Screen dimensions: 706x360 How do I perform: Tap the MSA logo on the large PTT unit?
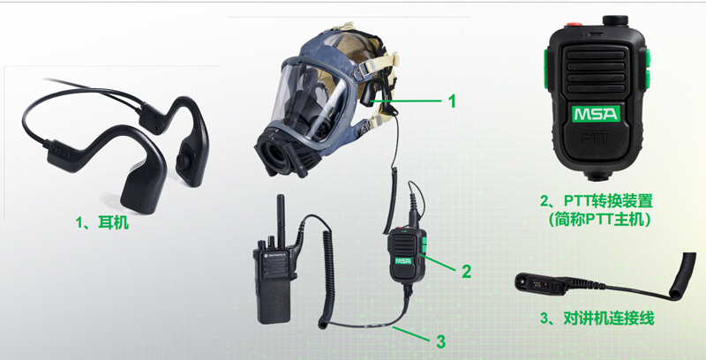[x=596, y=114]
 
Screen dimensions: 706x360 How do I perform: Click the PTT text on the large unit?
[x=596, y=137]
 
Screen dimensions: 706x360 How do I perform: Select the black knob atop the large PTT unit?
[x=615, y=20]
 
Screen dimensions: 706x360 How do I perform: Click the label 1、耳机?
[x=102, y=222]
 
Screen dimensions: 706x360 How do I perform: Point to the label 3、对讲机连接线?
[x=597, y=319]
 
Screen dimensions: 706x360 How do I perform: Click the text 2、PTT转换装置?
[x=597, y=200]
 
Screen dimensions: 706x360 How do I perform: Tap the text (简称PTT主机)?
[x=599, y=219]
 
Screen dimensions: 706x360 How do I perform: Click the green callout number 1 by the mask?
[x=452, y=101]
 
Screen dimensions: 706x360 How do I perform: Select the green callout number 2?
[x=466, y=272]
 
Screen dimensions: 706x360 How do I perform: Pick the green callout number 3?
[x=440, y=341]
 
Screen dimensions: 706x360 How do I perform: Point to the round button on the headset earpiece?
[x=183, y=160]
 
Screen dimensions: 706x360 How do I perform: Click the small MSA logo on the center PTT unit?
[x=403, y=261]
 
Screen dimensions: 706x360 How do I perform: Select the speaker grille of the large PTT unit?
[x=596, y=71]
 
